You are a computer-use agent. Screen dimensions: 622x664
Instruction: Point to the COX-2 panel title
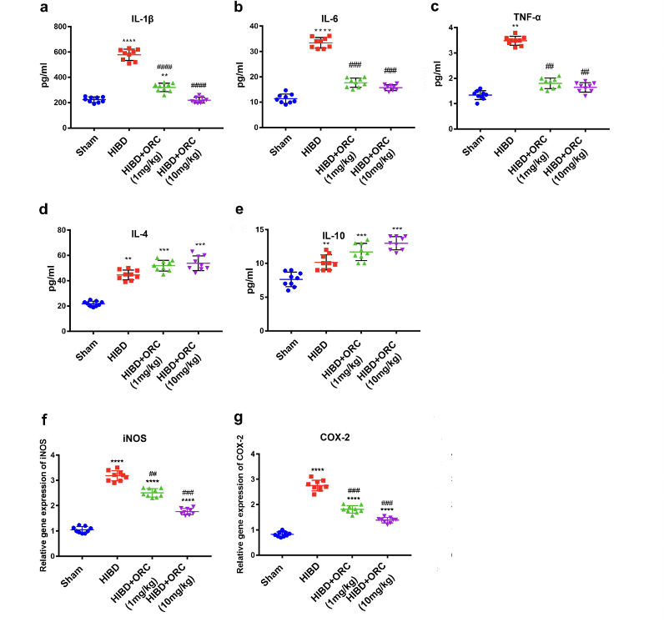pyautogui.click(x=334, y=434)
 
